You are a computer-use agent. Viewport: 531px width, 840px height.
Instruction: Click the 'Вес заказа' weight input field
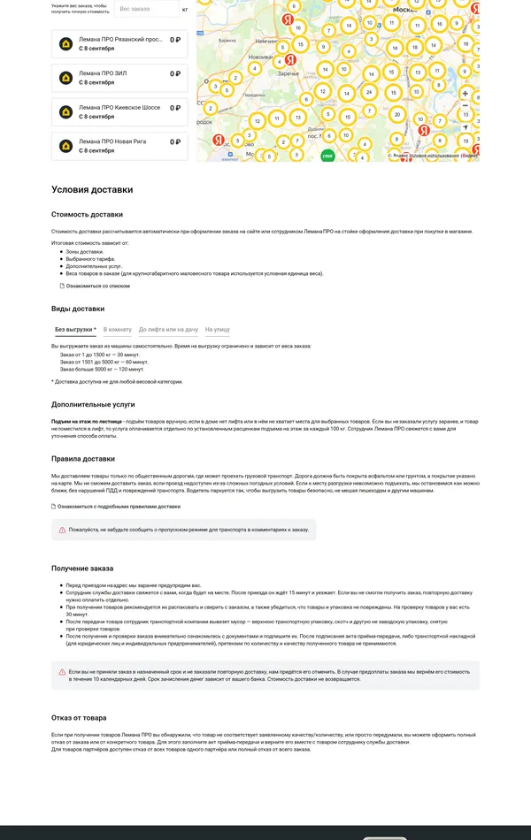[146, 9]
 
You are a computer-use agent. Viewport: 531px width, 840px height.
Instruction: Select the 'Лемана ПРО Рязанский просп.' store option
[120, 39]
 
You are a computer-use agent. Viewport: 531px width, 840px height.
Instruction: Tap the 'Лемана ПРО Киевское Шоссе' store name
[119, 107]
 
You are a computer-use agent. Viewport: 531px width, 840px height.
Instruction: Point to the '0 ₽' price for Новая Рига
[174, 141]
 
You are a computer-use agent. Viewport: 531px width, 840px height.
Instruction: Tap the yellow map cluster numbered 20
[397, 115]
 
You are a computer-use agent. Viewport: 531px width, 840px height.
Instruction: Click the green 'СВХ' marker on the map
[327, 156]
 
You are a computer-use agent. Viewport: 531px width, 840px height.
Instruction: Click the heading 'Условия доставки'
[92, 189]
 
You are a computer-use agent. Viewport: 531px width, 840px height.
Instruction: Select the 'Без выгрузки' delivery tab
[75, 329]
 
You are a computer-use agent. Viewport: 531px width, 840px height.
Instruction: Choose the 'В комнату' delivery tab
[118, 329]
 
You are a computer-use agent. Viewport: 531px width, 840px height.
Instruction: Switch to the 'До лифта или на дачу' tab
[168, 329]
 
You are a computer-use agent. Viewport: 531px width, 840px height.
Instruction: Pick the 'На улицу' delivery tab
[217, 329]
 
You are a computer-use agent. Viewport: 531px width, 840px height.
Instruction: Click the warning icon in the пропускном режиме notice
[62, 530]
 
